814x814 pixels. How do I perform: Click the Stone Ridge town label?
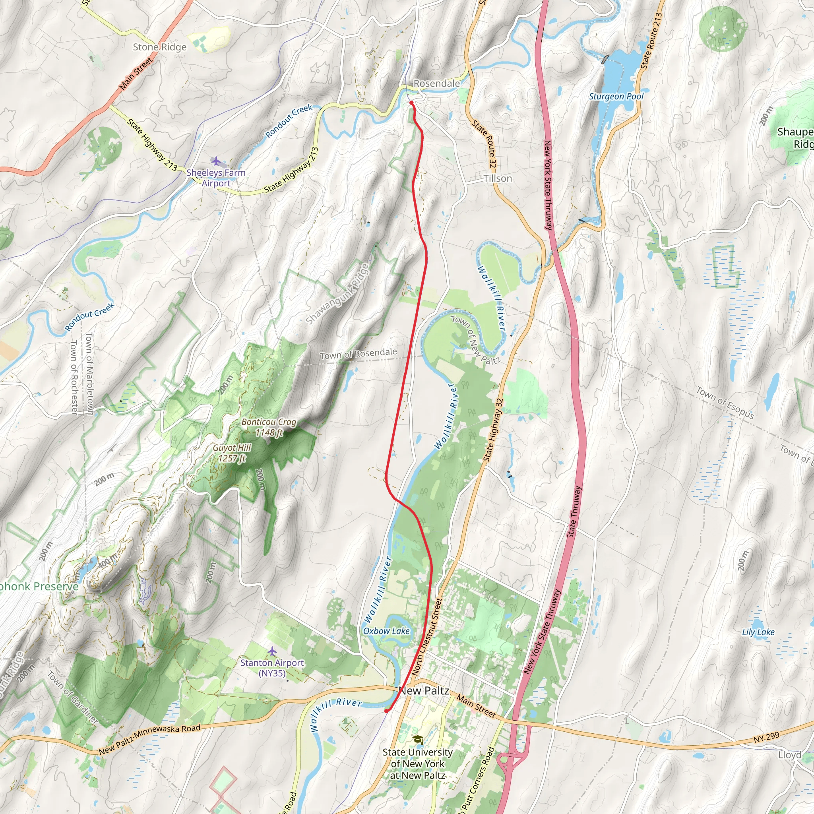159,47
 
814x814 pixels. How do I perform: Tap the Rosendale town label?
436,83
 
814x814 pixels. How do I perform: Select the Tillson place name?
498,178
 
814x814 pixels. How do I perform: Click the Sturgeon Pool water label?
616,97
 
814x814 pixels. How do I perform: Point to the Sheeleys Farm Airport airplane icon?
216,161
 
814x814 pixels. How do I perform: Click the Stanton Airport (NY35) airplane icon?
272,651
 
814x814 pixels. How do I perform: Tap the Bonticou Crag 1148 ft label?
269,427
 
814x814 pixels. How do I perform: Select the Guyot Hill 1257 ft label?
232,453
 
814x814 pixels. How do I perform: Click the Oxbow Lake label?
386,631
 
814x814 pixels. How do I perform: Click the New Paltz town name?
423,690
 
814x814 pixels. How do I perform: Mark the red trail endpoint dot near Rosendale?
411,103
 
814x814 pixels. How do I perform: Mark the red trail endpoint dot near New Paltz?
386,711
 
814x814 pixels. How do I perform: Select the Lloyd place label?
790,755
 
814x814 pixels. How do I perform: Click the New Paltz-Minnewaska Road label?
149,739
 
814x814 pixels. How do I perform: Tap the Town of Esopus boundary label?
725,403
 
